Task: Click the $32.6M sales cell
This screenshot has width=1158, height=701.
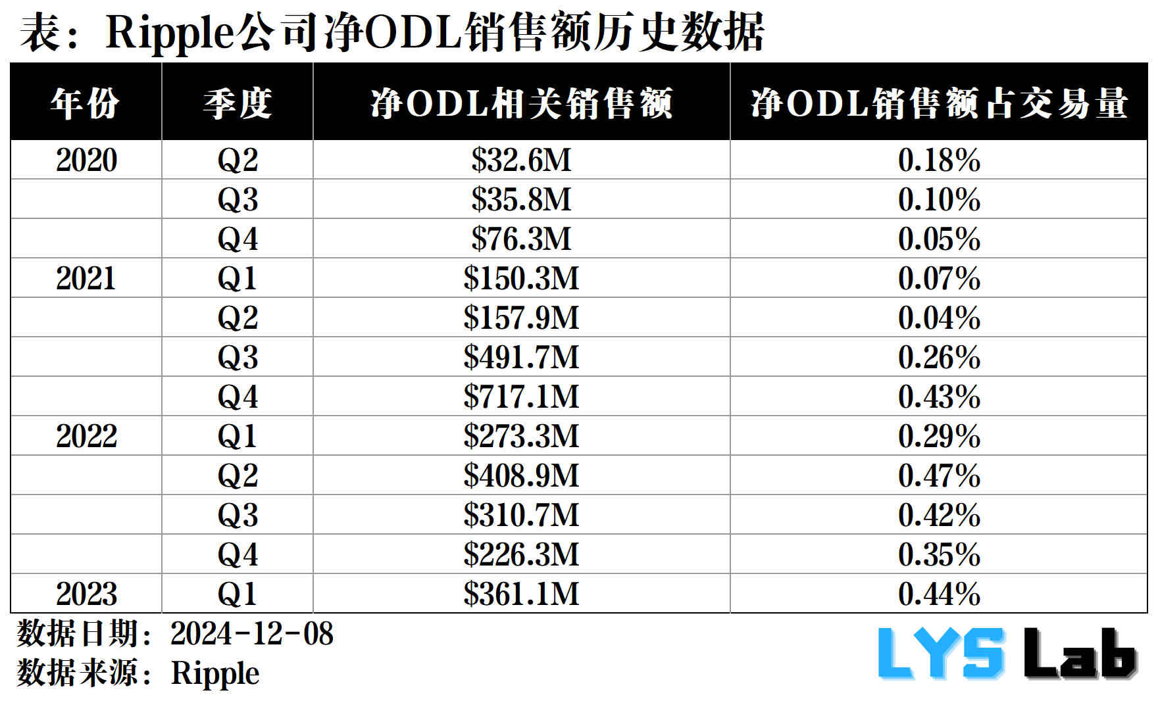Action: click(x=521, y=160)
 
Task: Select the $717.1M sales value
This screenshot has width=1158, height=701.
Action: click(x=521, y=397)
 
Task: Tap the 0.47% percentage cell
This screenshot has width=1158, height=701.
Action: click(x=939, y=475)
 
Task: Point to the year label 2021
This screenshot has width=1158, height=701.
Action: click(x=86, y=278)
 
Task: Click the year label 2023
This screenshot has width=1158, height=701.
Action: click(x=86, y=594)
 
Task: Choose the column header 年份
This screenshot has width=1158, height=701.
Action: click(x=86, y=103)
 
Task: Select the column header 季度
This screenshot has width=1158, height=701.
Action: click(x=238, y=103)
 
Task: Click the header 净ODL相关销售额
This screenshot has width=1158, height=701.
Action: click(x=521, y=103)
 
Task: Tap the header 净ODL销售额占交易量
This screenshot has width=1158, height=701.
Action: click(x=939, y=103)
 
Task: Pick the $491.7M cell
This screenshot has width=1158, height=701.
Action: click(x=521, y=357)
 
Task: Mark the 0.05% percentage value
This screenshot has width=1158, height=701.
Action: click(x=939, y=239)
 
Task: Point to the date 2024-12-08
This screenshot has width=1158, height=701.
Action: click(x=251, y=634)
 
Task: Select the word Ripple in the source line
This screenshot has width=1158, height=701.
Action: click(x=215, y=673)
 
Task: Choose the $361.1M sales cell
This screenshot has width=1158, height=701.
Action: click(x=521, y=594)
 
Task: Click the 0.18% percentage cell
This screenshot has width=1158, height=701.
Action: click(x=939, y=160)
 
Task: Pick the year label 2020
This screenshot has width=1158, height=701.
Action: click(x=86, y=160)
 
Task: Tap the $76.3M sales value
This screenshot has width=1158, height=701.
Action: click(x=521, y=239)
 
